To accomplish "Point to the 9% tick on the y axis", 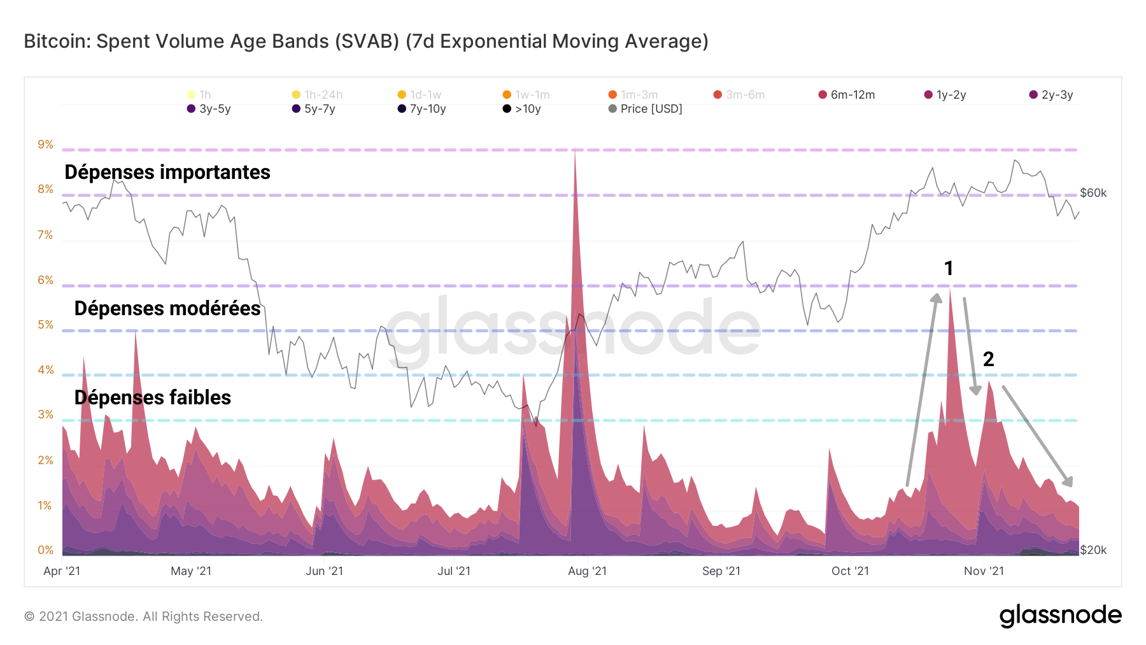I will (x=45, y=145).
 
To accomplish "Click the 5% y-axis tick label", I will (x=45, y=325).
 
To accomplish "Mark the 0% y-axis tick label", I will (x=45, y=550).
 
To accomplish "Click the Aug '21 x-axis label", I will (x=587, y=571).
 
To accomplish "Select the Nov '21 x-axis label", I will (x=984, y=571).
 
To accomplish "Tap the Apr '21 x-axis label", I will (x=62, y=571).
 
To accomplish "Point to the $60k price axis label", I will (x=1093, y=193).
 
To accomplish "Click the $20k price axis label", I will (x=1093, y=550).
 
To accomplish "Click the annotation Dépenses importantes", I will (x=167, y=172).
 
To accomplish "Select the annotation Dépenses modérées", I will (x=167, y=308).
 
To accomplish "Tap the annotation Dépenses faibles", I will (x=153, y=397).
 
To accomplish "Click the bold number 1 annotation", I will (x=949, y=268).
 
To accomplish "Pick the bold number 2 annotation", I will (x=988, y=359).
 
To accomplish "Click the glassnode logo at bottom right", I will (x=1060, y=615).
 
